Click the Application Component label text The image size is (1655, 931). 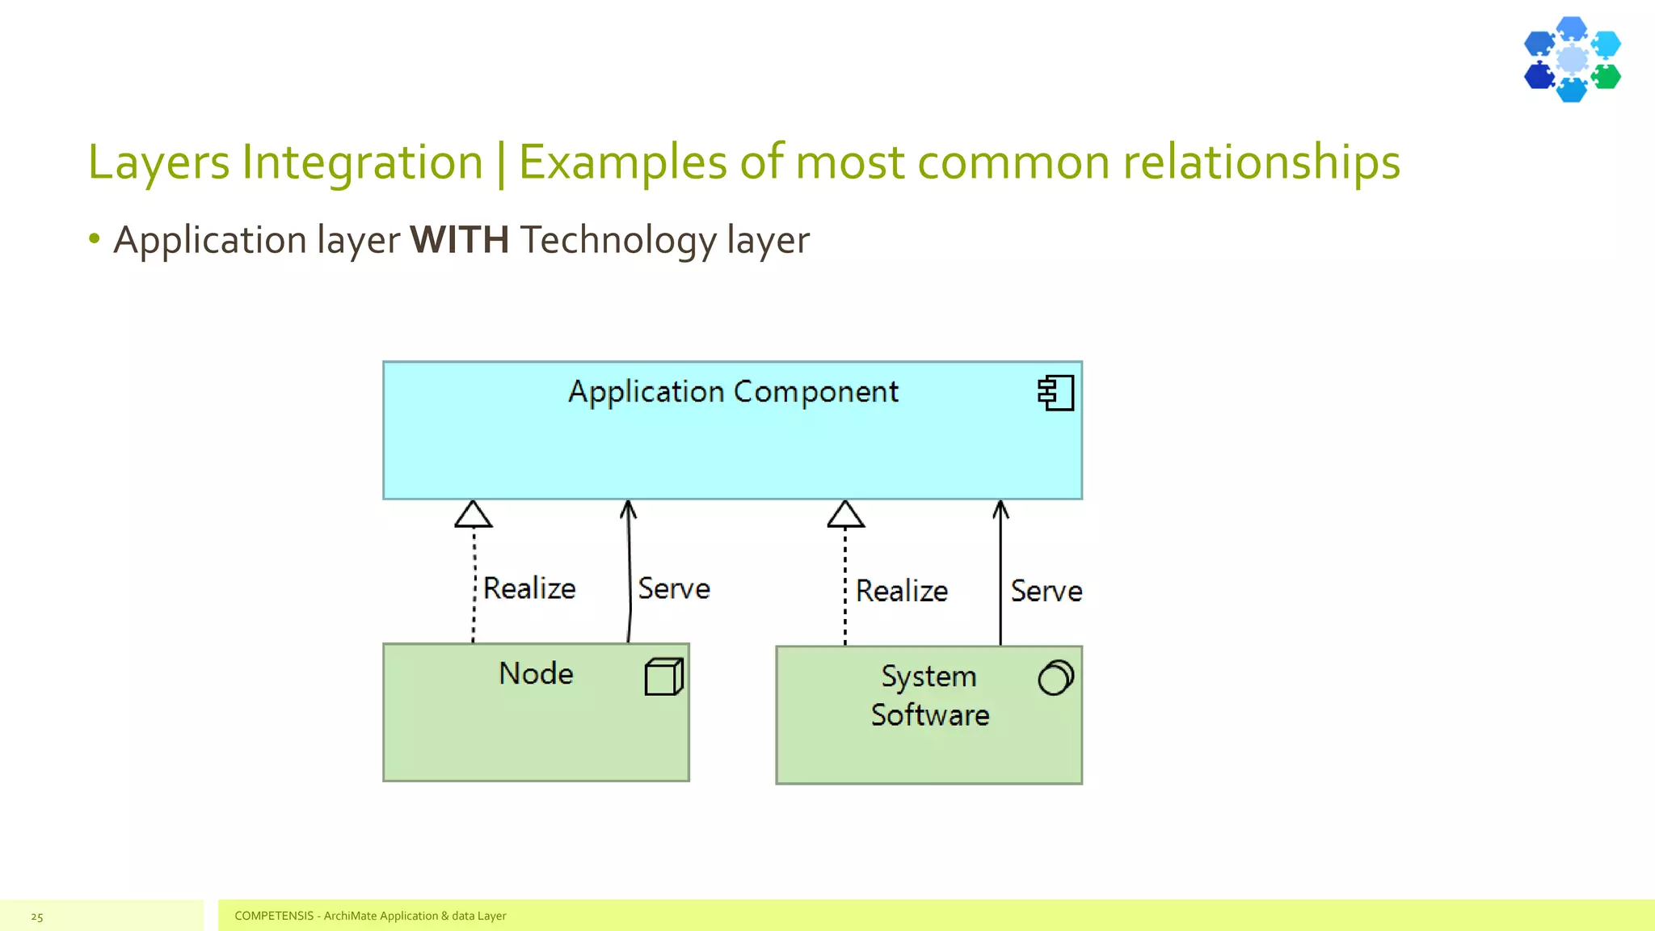click(733, 392)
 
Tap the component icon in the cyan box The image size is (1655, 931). click(1056, 394)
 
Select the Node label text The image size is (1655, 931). click(536, 673)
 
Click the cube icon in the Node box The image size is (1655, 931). click(663, 676)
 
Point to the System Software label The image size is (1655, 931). click(929, 695)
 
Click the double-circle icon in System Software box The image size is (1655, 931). click(1055, 677)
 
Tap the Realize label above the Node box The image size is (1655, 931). click(529, 588)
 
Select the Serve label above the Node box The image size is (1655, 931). click(674, 588)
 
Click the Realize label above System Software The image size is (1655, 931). click(902, 591)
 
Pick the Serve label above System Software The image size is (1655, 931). click(1046, 591)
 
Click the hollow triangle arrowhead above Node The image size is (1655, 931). click(474, 515)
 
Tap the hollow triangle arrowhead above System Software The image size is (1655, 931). click(845, 515)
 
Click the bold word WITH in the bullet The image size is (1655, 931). click(459, 240)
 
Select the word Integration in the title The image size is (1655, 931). click(362, 162)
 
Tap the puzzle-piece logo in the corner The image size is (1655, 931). click(1572, 60)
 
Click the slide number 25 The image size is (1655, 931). click(37, 916)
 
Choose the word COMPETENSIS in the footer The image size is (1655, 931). click(273, 916)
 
